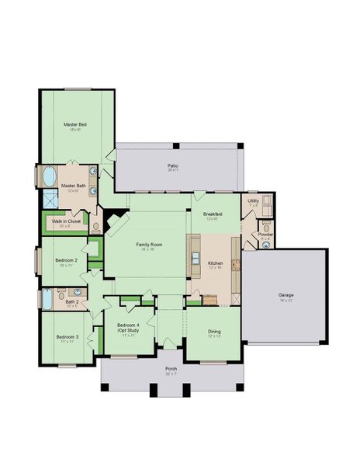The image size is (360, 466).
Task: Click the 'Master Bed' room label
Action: (x=74, y=124)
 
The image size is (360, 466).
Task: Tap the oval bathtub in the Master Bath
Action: (x=48, y=176)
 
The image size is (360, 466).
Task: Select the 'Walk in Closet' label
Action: (x=67, y=221)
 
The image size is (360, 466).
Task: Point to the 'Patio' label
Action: (x=172, y=165)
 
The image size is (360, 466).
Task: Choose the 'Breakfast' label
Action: (x=213, y=214)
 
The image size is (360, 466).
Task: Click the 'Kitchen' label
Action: (x=215, y=263)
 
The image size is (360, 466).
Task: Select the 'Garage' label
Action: (x=286, y=295)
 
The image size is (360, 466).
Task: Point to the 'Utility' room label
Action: (x=253, y=201)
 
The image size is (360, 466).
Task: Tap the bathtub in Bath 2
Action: (x=47, y=299)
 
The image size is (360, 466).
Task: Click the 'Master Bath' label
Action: (x=73, y=186)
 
